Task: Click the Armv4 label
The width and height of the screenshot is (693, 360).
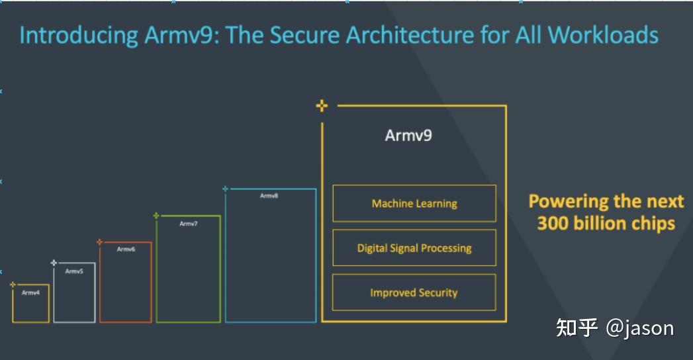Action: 30,292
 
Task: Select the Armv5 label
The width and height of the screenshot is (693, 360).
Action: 74,271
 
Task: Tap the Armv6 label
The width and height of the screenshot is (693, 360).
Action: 126,249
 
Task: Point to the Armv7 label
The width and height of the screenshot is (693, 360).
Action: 189,224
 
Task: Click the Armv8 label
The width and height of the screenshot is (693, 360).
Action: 269,196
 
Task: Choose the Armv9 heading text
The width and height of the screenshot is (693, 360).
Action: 408,136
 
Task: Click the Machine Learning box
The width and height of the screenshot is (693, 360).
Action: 414,203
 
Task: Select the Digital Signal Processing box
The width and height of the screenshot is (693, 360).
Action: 414,248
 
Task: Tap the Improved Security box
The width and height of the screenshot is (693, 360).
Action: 414,292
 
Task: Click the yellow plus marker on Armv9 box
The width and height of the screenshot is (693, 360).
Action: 322,105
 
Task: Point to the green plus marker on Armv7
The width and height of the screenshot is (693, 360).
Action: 156,215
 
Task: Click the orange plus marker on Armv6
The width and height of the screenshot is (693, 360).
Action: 100,242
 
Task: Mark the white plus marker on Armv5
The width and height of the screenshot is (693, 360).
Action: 54,263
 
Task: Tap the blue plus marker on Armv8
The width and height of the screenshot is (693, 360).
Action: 226,189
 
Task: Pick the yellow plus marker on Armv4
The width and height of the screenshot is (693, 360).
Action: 13,285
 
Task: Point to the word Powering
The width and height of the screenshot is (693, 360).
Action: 569,201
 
